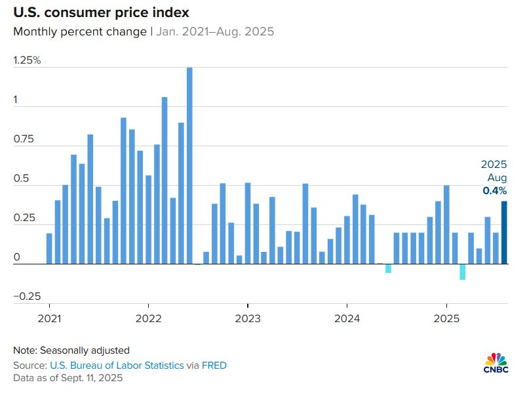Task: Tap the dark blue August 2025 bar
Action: click(504, 233)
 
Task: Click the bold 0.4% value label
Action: click(495, 191)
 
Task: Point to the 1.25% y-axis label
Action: click(27, 60)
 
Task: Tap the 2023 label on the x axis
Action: click(247, 319)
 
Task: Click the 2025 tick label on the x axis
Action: click(446, 319)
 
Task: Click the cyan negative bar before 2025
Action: click(388, 268)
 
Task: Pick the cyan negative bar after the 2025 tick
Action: click(463, 272)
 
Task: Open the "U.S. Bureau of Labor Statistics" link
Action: click(116, 365)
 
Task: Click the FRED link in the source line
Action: click(214, 365)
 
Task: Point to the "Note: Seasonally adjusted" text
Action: click(71, 350)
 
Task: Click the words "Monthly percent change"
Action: click(80, 31)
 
